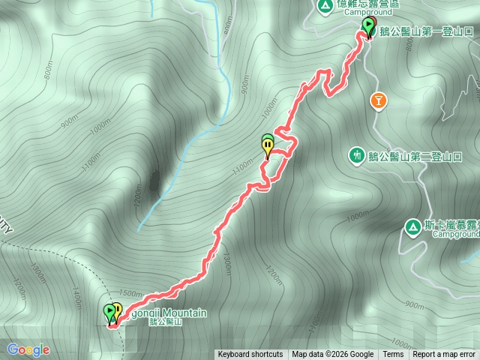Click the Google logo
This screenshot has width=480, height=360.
pyautogui.click(x=28, y=349)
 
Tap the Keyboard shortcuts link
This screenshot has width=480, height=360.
pyautogui.click(x=250, y=355)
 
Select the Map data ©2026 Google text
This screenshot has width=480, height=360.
pyautogui.click(x=333, y=355)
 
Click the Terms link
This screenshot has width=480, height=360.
pyautogui.click(x=393, y=355)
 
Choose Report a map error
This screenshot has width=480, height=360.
pyautogui.click(x=445, y=355)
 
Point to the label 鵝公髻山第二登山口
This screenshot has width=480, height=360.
pyautogui.click(x=414, y=156)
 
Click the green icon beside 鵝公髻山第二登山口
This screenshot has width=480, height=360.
pyautogui.click(x=356, y=155)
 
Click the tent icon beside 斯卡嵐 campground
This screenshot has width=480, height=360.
pyautogui.click(x=412, y=226)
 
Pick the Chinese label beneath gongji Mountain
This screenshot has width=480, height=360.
pyautogui.click(x=166, y=322)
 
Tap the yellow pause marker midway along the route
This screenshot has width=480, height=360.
pyautogui.click(x=268, y=146)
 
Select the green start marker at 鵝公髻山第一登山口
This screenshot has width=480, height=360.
pyautogui.click(x=367, y=27)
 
